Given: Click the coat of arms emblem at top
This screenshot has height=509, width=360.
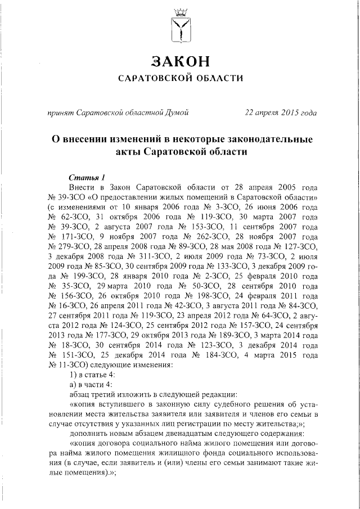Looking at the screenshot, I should [x=180, y=27].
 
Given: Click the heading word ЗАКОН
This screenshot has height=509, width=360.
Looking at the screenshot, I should [x=180, y=61].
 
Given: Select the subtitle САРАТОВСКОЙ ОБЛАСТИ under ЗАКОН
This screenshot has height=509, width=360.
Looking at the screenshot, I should [x=180, y=78].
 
